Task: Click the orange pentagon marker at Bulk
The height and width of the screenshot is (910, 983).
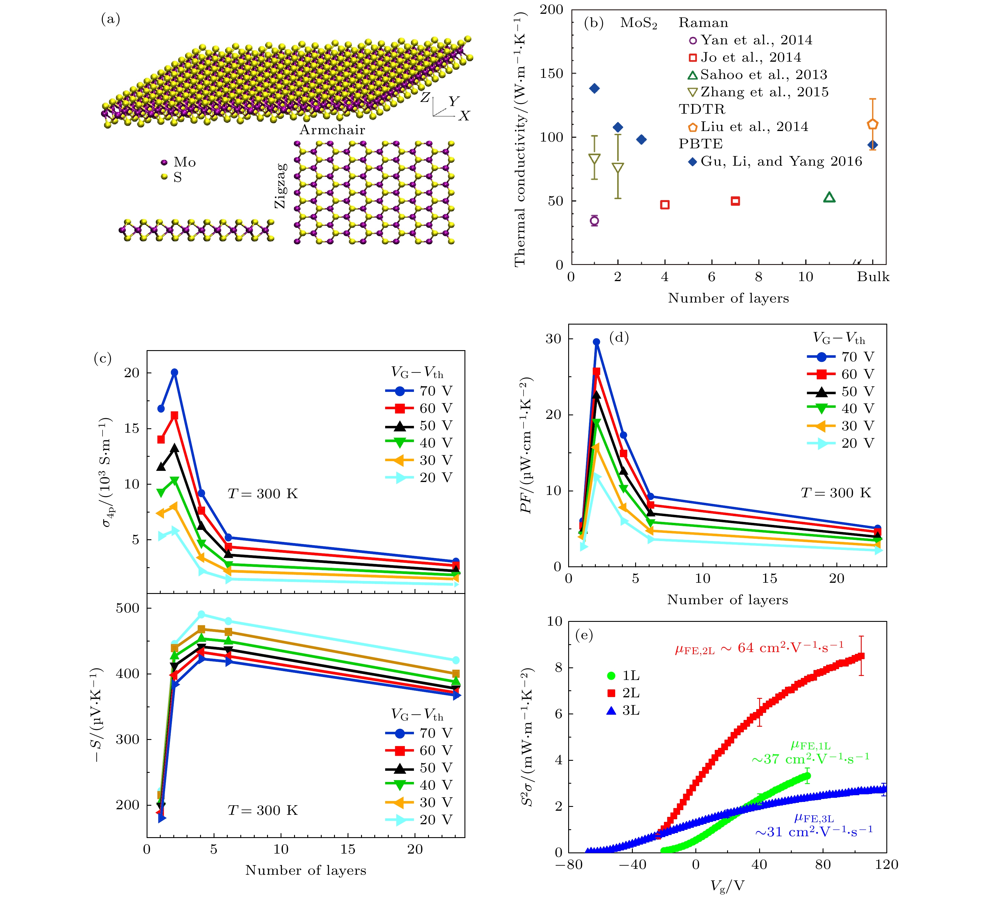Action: tap(872, 124)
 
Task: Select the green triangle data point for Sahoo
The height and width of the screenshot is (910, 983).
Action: tap(829, 197)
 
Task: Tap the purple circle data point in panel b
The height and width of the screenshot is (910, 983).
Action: tap(594, 221)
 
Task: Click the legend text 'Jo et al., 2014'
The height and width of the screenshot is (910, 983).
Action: tap(751, 58)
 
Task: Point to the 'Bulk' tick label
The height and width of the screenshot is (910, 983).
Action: tap(873, 277)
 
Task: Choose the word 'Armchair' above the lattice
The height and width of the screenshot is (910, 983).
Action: tap(333, 130)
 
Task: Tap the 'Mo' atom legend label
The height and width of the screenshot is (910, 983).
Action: tap(184, 162)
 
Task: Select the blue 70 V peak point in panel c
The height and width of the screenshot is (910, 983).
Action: tap(174, 372)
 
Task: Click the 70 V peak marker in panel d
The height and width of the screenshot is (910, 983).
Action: tap(596, 342)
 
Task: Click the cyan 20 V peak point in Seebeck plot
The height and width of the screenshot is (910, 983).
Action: tap(201, 614)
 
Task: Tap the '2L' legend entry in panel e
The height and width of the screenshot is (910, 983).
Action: tap(631, 693)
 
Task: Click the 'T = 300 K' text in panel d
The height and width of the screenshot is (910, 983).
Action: tap(836, 493)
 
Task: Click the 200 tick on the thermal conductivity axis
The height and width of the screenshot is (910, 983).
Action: tap(552, 10)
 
